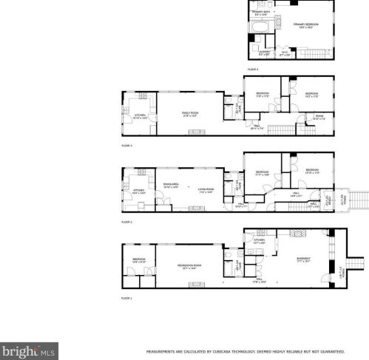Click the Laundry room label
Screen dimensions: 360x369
(x=264, y=52)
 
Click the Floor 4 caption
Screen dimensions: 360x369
(x=253, y=69)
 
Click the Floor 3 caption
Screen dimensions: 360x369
(x=126, y=146)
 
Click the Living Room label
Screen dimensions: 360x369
(x=205, y=190)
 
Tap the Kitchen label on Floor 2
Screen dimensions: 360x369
(x=138, y=191)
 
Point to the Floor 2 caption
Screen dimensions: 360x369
(x=126, y=222)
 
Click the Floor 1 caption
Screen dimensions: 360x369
(x=126, y=298)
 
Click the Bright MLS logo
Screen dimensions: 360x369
(x=28, y=350)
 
